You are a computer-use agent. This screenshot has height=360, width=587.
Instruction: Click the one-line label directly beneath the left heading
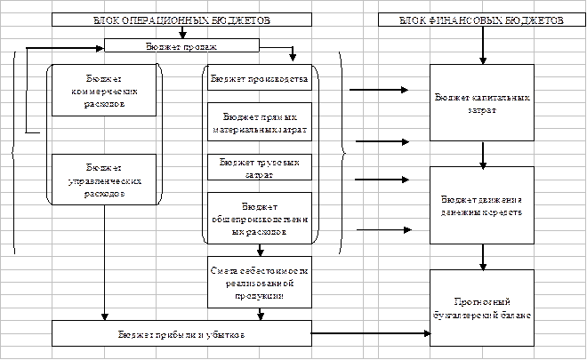coord(176,44)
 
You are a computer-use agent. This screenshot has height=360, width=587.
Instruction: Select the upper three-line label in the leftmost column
coord(106,91)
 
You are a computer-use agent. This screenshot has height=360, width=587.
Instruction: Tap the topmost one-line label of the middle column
coord(259,79)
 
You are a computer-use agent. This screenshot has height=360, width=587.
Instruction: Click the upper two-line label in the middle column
coord(260,122)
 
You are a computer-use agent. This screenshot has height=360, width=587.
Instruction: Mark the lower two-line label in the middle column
coord(260,169)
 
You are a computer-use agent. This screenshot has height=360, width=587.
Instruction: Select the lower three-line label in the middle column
coord(260,281)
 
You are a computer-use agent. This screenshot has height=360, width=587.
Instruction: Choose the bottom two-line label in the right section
coord(483,308)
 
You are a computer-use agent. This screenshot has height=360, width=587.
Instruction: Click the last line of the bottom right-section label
coord(483,315)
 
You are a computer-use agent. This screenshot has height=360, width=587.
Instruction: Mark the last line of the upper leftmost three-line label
coord(106,102)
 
